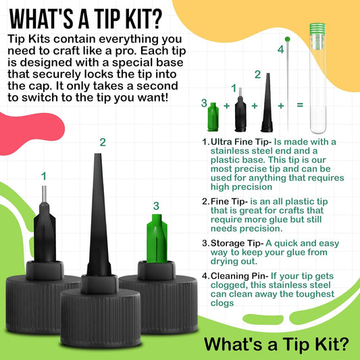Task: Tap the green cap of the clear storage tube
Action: pyautogui.click(x=317, y=28)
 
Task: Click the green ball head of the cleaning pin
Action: pyautogui.click(x=287, y=39)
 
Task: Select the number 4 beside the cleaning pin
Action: pyautogui.click(x=280, y=49)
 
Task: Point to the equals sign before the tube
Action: pyautogui.click(x=300, y=105)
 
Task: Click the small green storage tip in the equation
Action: pyautogui.click(x=213, y=117)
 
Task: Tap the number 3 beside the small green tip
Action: pyautogui.click(x=204, y=103)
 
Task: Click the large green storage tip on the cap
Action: pyautogui.click(x=157, y=238)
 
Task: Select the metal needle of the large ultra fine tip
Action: pyautogui.click(x=44, y=194)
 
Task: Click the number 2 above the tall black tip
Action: pyautogui.click(x=103, y=143)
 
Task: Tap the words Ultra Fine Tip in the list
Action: pyautogui.click(x=240, y=142)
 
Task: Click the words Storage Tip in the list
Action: pyautogui.click(x=235, y=243)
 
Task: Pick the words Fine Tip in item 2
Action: pyautogui.click(x=228, y=201)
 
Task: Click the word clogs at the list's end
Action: pyautogui.click(x=222, y=303)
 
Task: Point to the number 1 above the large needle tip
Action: pyautogui.click(x=44, y=176)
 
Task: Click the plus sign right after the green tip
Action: pyautogui.click(x=227, y=106)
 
